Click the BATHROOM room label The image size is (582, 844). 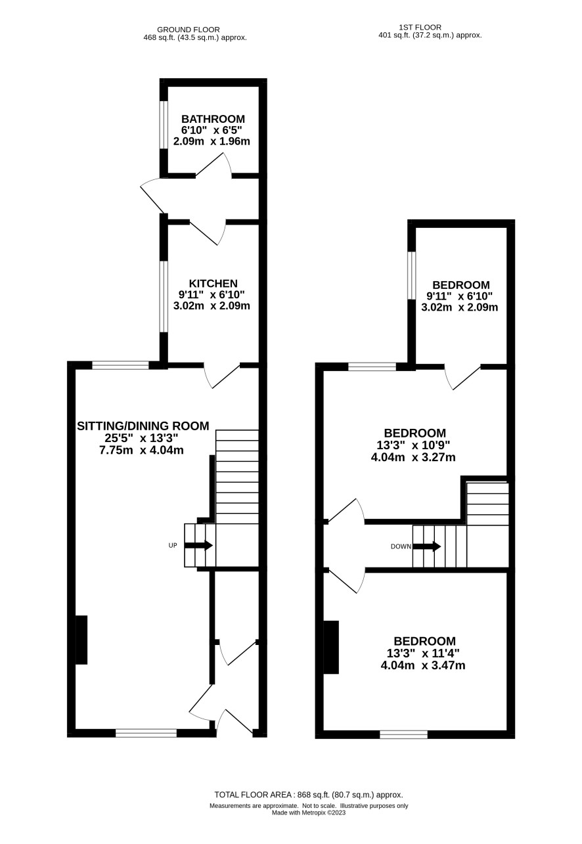coord(213,119)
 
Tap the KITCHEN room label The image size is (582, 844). coord(213,283)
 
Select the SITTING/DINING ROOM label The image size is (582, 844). coord(143,426)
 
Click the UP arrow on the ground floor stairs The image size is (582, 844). coord(198,545)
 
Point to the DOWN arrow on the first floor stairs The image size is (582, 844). coord(427,546)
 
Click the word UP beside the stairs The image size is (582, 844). coord(173,545)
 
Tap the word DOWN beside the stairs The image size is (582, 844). coord(401,546)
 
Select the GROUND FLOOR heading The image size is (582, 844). coord(189,30)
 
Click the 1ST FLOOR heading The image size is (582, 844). coord(420,27)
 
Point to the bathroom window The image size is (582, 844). coord(164,125)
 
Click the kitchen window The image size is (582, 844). coord(164,297)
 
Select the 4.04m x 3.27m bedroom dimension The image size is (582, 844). coord(413,457)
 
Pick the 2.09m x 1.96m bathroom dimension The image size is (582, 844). coord(212,142)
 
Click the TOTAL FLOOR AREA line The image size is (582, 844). coord(309,795)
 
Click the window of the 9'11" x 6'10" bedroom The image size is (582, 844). coord(412,276)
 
